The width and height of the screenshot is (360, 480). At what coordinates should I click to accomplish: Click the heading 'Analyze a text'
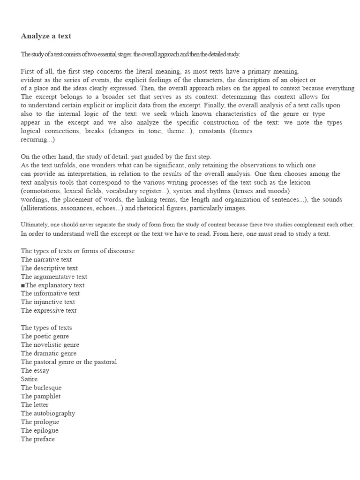[46, 36]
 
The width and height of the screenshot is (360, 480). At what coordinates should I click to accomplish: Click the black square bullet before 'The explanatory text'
[23, 285]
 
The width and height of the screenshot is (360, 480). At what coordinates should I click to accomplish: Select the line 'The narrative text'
[46, 259]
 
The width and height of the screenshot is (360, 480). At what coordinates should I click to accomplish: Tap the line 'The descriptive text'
[49, 268]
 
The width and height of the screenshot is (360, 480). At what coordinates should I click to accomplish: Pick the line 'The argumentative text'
[54, 277]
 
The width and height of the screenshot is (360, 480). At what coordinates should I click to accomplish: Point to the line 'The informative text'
[50, 293]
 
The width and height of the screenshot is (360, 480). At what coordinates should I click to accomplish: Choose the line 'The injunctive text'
[48, 302]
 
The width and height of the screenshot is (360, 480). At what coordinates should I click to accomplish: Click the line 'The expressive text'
[49, 310]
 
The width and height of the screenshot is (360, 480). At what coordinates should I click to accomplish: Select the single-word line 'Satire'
[29, 379]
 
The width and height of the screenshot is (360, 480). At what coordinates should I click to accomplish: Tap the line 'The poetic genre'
[45, 336]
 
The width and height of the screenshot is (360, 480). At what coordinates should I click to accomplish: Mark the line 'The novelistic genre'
[50, 345]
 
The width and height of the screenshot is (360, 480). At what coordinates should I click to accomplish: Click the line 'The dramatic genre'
[49, 353]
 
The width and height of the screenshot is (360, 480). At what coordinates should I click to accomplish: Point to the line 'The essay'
[35, 370]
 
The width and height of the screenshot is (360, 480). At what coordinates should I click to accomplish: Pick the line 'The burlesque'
[41, 388]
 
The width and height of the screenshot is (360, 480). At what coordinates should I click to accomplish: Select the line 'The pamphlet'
[41, 396]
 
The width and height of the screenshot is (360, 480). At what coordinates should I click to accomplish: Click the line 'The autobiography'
[48, 413]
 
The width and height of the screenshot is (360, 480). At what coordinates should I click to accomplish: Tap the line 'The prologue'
[40, 422]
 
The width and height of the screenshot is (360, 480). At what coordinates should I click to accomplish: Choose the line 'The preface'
[38, 439]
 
